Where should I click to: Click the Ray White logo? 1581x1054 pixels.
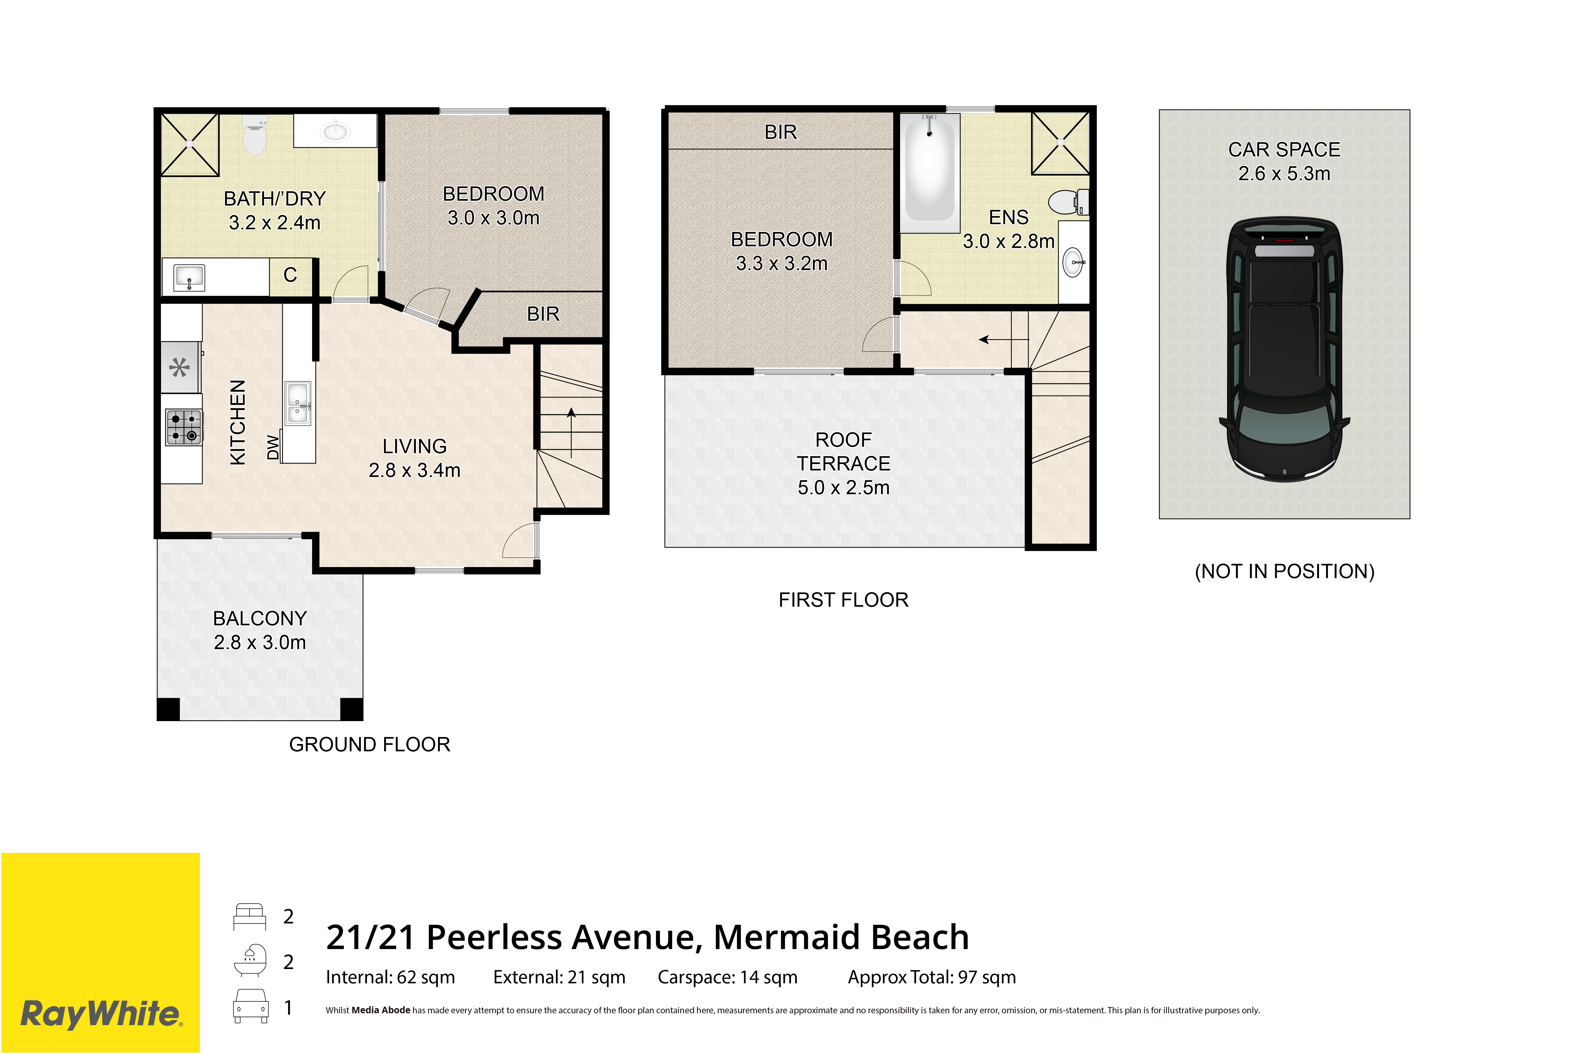point(101,1014)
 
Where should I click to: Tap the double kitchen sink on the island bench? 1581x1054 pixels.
point(298,403)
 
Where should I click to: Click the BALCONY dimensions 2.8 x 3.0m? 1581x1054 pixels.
point(259,643)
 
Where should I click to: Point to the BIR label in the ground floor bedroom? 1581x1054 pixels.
point(542,314)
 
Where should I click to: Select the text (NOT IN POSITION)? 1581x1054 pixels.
point(1284,571)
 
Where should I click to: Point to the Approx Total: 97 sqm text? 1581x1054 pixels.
point(932,977)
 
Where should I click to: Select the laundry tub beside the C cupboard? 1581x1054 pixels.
point(189,277)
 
